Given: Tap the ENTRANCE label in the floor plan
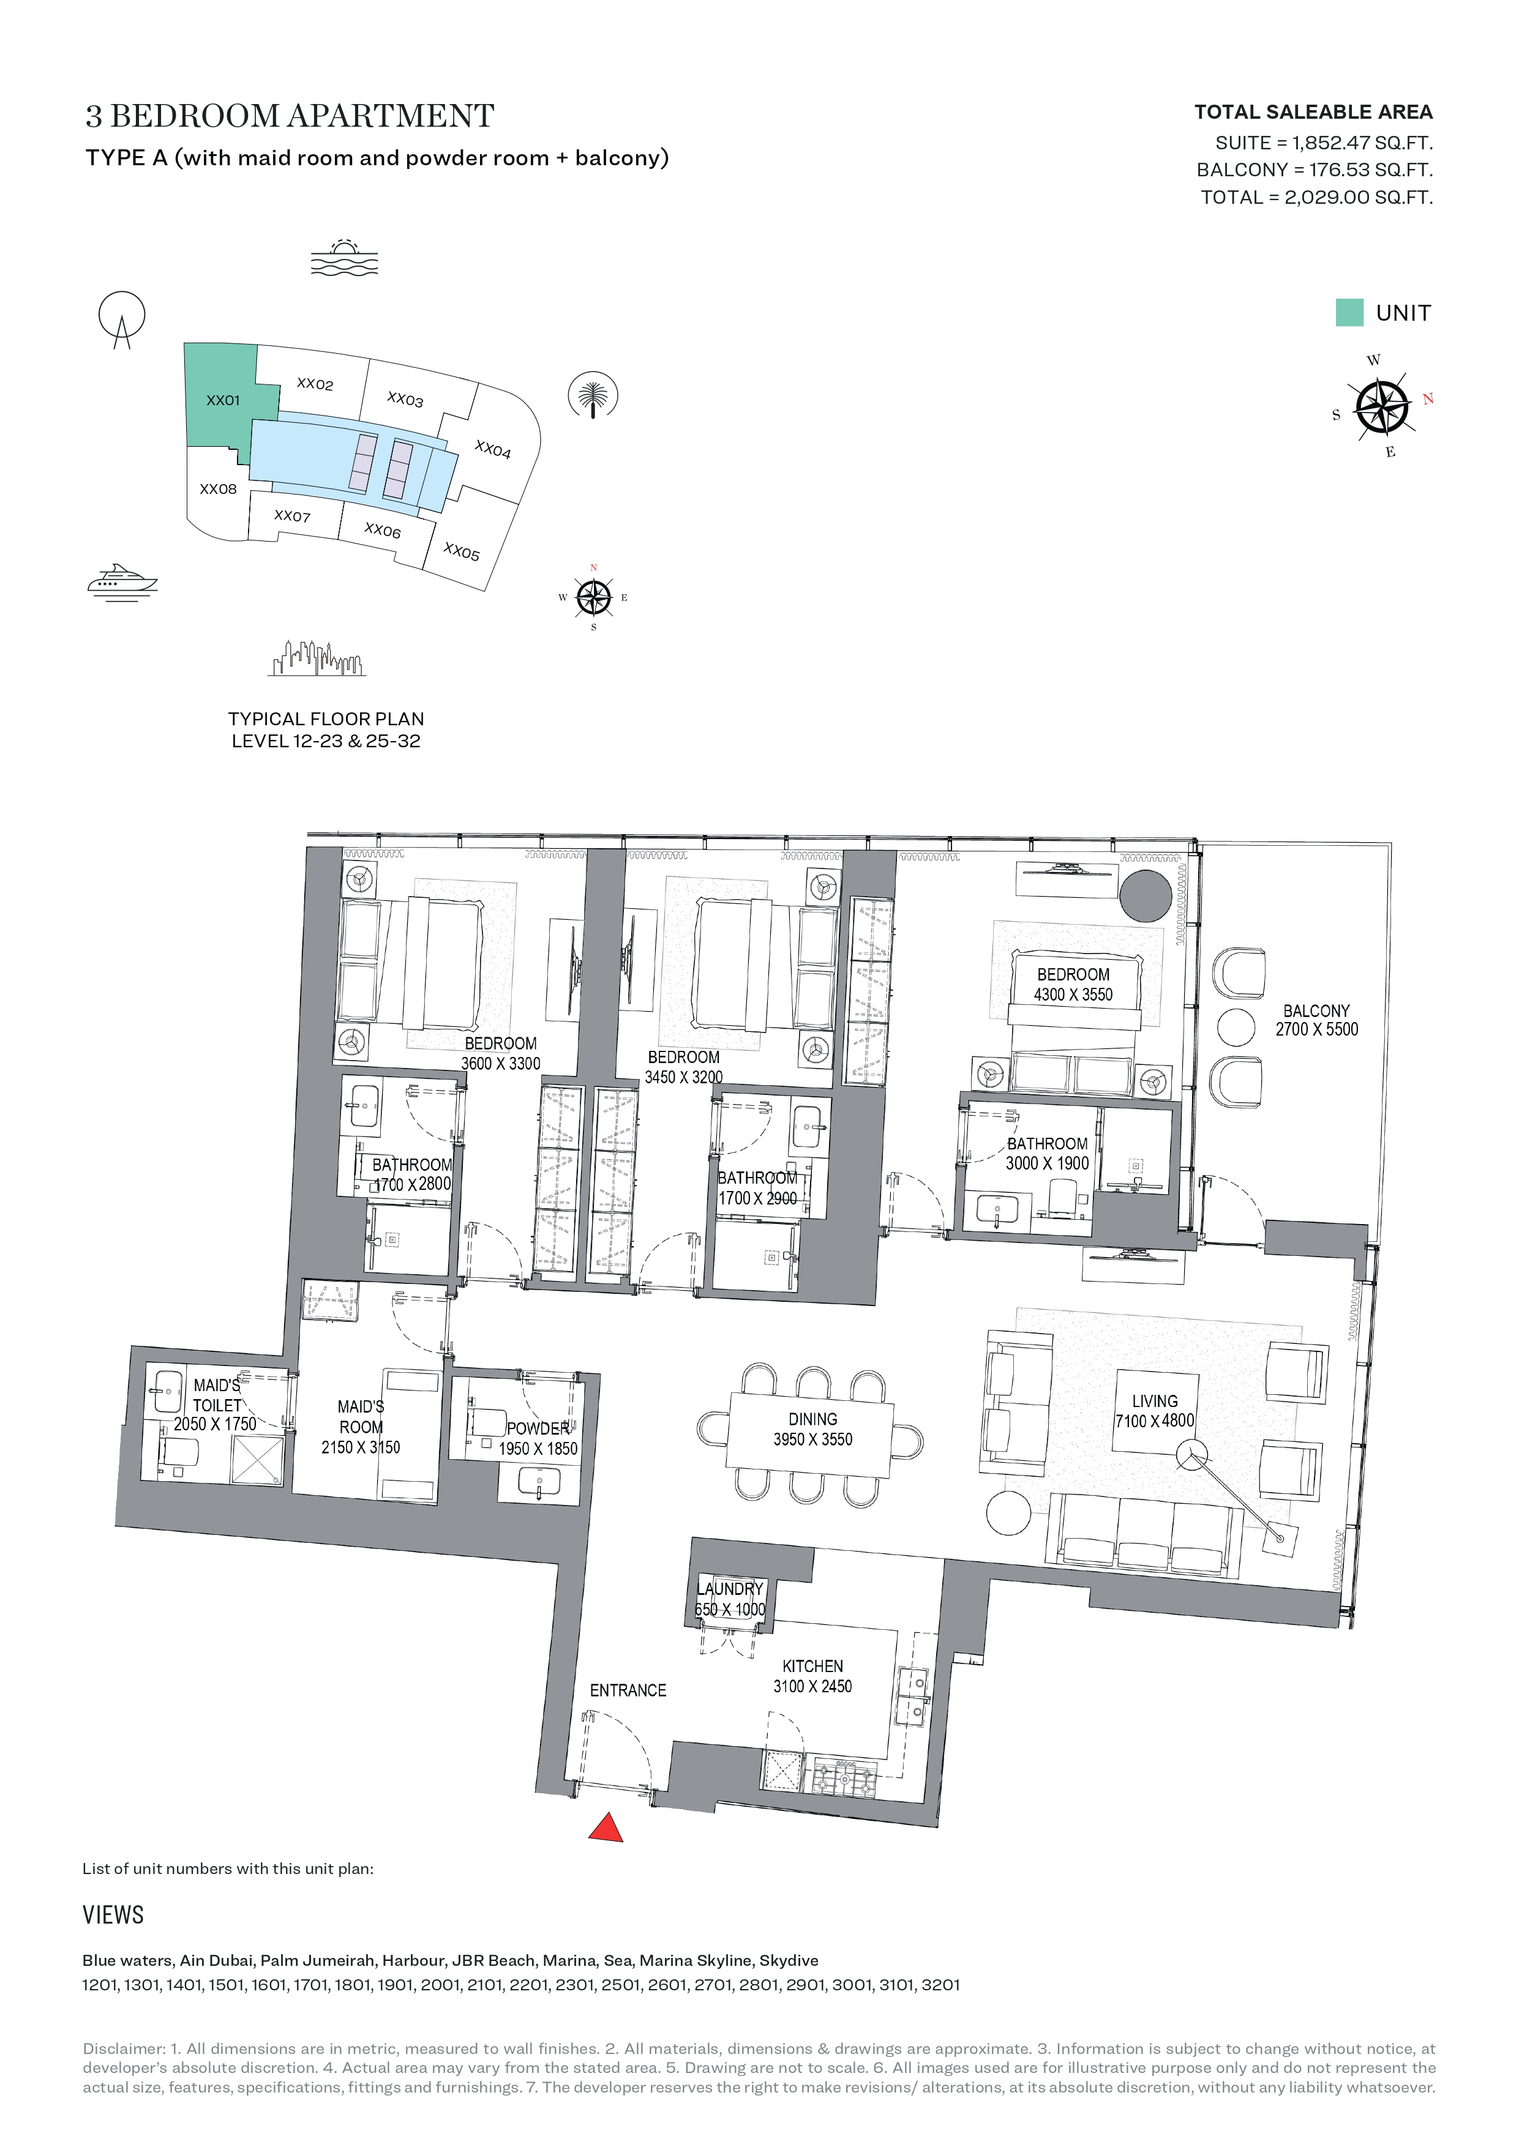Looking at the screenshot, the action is coord(628,1690).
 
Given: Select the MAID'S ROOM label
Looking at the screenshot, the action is coord(361,1417).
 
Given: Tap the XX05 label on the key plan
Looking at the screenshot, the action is coord(461,551).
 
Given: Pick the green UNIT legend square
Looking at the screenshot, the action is coord(1349,312).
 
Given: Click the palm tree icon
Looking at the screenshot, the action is coord(593,395).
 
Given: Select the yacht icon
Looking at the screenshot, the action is coord(122,581).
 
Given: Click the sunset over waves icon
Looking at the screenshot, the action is coord(344,257).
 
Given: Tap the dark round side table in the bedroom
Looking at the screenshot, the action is coord(1145,896).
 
